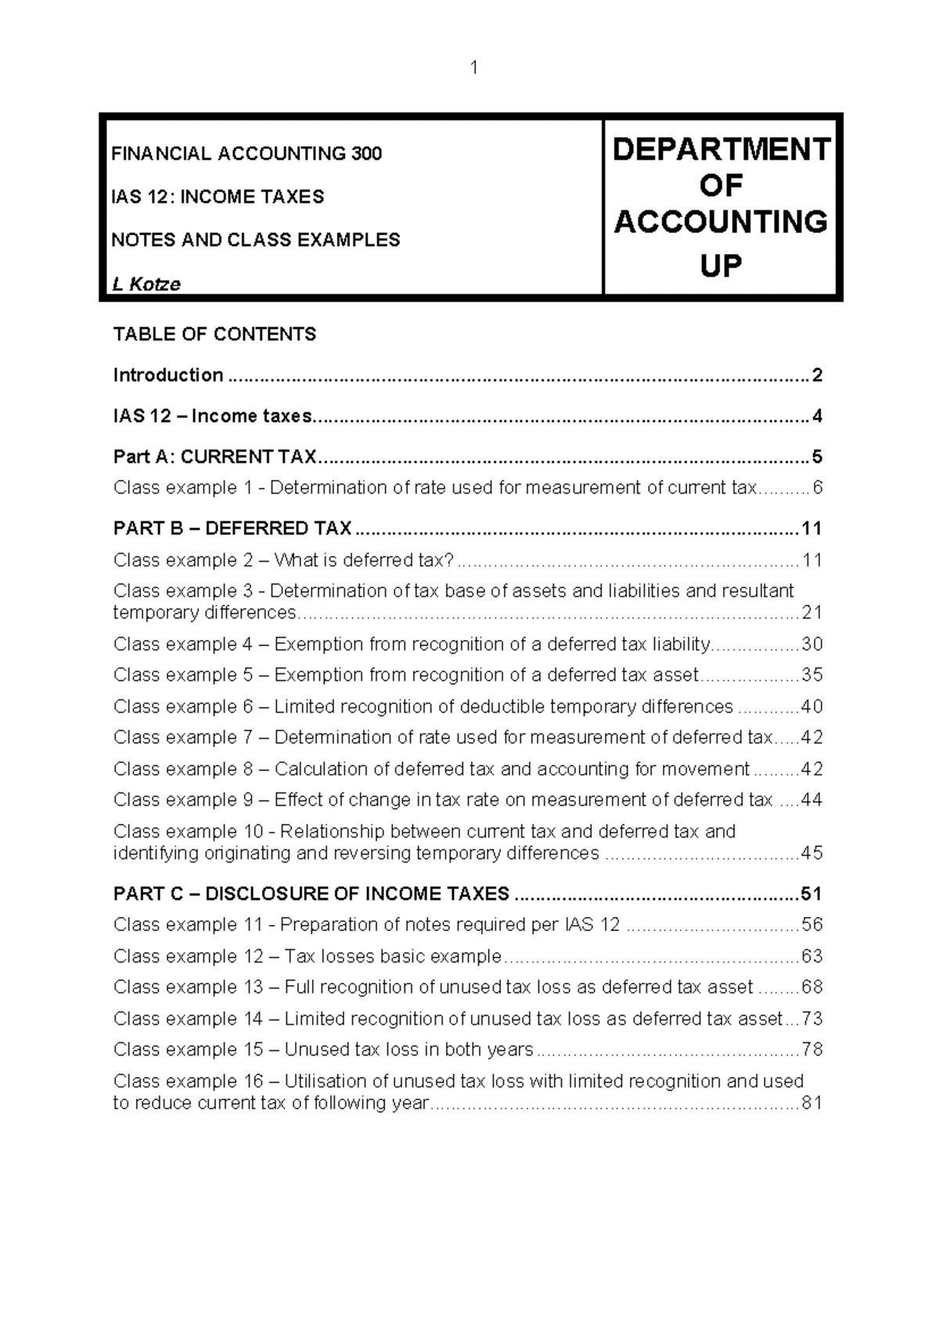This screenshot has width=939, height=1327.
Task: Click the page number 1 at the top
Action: click(x=473, y=68)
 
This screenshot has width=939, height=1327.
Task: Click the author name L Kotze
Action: click(x=146, y=284)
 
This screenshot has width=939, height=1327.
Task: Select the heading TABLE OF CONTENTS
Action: click(x=214, y=335)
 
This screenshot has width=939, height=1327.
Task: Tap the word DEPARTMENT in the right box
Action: click(x=721, y=149)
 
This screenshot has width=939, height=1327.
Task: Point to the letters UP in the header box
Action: click(x=720, y=267)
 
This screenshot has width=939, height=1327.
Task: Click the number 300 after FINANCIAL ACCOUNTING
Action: click(x=366, y=153)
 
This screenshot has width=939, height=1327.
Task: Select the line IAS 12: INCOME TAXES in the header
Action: click(x=218, y=196)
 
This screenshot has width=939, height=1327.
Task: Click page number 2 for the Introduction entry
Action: click(x=817, y=376)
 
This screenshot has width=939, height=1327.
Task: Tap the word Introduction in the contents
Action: click(x=168, y=376)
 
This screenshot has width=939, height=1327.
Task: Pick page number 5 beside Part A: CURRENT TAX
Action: click(x=817, y=457)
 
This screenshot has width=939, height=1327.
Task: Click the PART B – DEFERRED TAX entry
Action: click(x=232, y=529)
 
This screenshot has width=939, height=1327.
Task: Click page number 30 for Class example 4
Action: click(x=811, y=645)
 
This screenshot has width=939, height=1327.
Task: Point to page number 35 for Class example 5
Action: click(x=811, y=675)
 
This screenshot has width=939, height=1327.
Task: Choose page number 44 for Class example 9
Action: click(x=811, y=800)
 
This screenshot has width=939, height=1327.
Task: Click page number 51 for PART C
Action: click(x=811, y=894)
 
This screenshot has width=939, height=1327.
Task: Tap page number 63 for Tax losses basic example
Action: click(x=811, y=957)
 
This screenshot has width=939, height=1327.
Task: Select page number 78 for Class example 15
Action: click(x=811, y=1050)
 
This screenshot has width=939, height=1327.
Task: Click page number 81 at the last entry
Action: click(x=811, y=1103)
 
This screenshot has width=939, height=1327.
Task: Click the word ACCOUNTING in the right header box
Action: click(x=721, y=222)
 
